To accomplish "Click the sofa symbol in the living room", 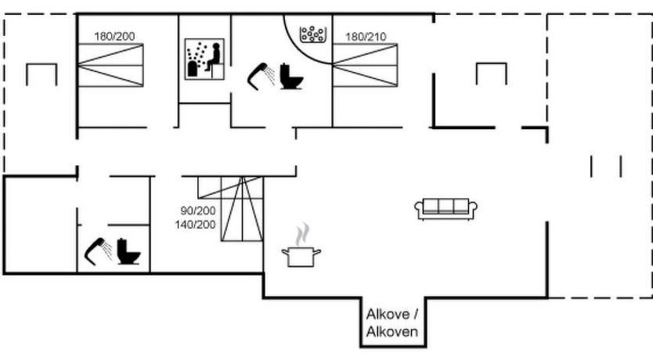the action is click(x=446, y=208).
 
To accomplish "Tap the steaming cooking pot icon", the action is click(x=301, y=245).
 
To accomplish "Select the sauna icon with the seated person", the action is click(x=204, y=59).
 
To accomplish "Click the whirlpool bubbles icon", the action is click(x=312, y=34).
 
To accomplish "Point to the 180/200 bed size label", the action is click(x=114, y=37).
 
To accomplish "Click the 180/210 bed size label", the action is click(x=366, y=37).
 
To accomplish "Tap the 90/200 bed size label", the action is click(x=198, y=211).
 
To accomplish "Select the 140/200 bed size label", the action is click(x=195, y=225).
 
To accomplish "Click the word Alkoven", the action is click(x=392, y=332).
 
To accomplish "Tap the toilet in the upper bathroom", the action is click(x=290, y=76).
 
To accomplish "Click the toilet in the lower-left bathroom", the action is click(x=128, y=251).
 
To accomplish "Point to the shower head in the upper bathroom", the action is click(x=261, y=76).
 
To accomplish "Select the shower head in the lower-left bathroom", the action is click(x=99, y=251).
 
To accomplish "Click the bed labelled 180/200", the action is click(x=110, y=65).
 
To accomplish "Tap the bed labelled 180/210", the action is click(x=365, y=65).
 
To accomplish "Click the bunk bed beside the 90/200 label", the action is click(x=242, y=209).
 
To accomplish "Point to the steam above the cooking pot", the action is click(x=303, y=234).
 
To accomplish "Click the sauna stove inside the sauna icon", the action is click(x=192, y=69).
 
